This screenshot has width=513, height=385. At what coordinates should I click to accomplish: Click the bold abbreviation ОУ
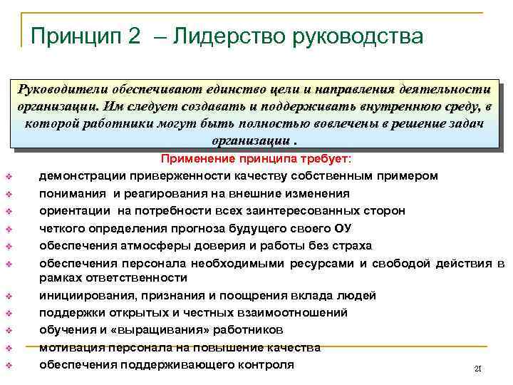[343, 228]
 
